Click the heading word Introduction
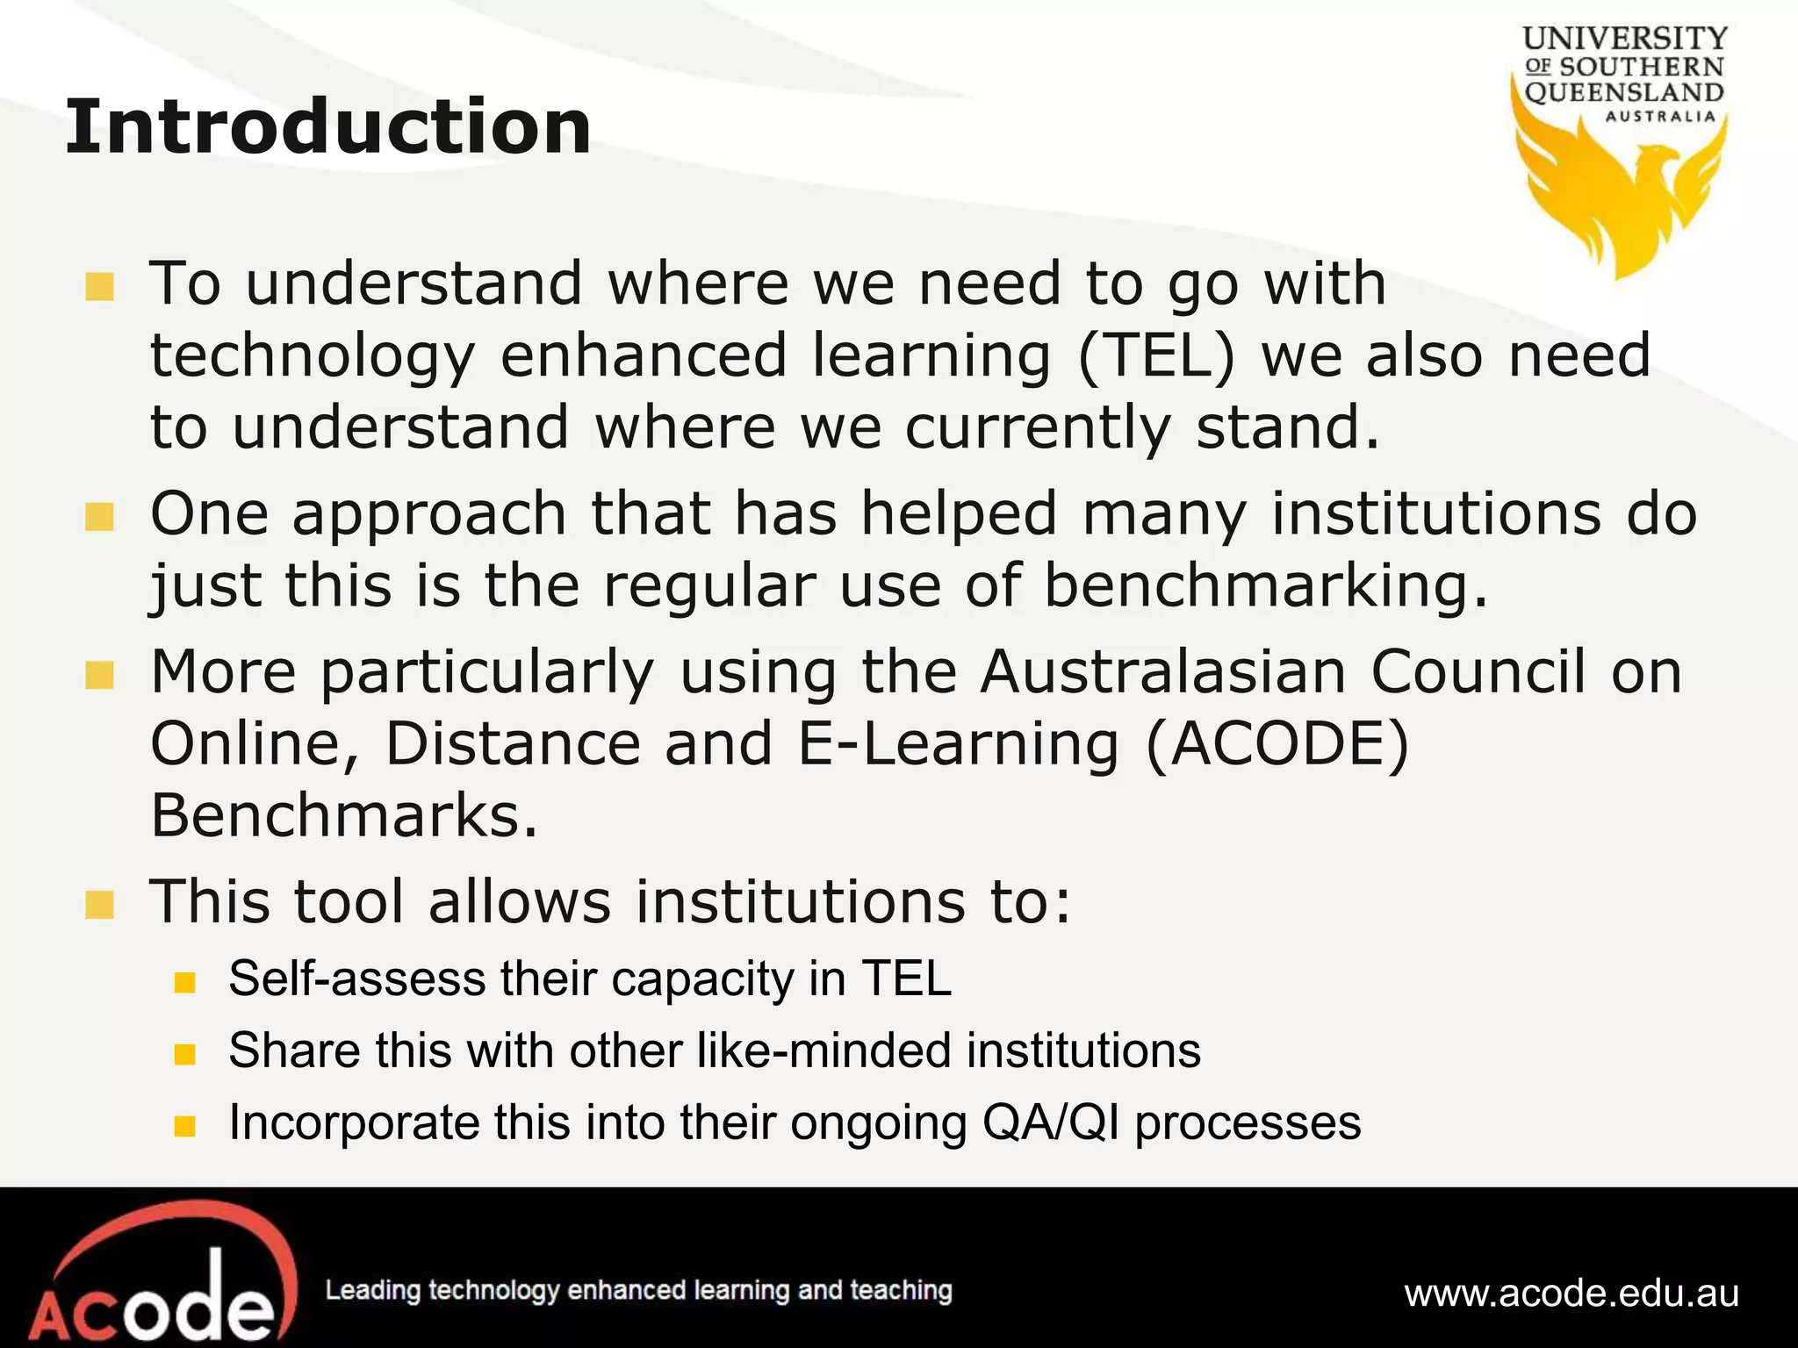(327, 127)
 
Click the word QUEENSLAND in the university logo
(1624, 92)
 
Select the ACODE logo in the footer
(154, 1277)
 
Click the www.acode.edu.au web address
(1571, 1293)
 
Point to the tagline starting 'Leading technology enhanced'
(638, 1290)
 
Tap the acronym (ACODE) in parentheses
(1277, 743)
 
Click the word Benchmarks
(343, 815)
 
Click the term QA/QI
(1051, 1122)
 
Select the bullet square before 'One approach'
(100, 517)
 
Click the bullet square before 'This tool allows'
(100, 905)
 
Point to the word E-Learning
(958, 743)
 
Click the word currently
(1037, 427)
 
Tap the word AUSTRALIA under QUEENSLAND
(1660, 117)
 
